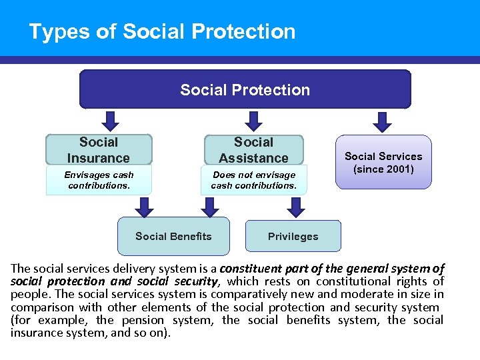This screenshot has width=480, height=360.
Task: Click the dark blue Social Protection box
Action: [245, 89]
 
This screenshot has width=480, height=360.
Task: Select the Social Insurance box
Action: [99, 150]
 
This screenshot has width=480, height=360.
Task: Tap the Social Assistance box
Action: [253, 150]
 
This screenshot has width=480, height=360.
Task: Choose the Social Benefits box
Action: [173, 236]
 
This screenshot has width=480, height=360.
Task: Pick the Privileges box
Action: [293, 236]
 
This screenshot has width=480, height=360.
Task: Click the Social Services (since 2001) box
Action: [383, 163]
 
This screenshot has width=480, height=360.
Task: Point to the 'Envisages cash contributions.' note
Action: [99, 180]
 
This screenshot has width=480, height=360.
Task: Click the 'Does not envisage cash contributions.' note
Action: [253, 180]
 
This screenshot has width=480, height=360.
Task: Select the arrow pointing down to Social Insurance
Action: [111, 121]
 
